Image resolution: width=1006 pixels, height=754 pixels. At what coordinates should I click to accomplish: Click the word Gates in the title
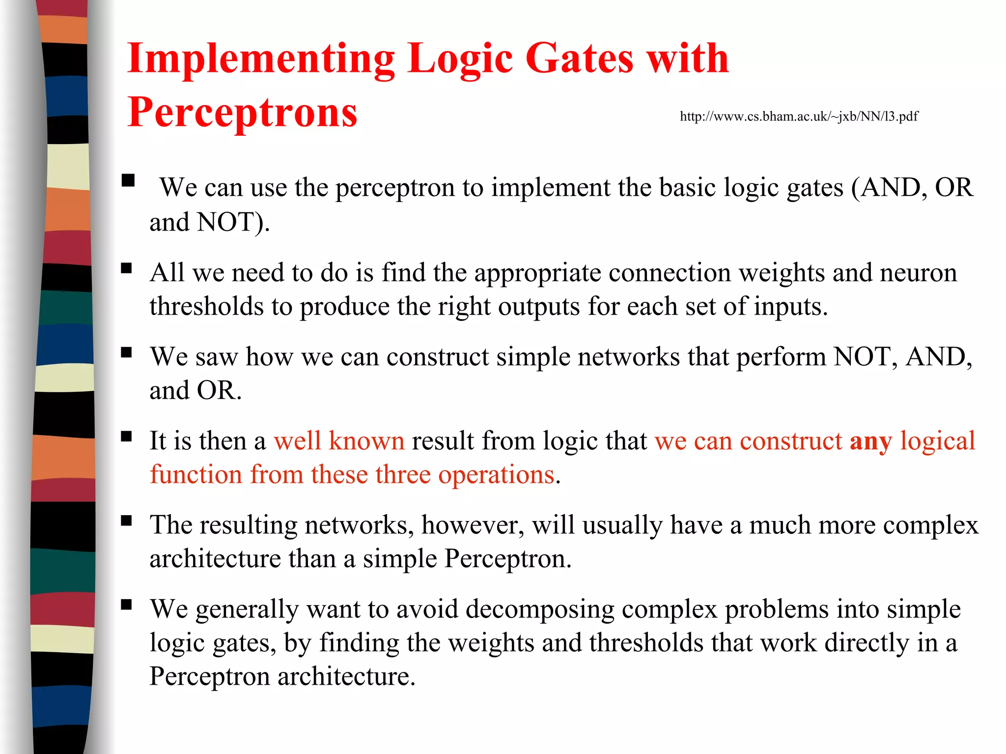[x=579, y=59]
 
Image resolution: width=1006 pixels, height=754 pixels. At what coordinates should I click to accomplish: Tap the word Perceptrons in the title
[x=242, y=113]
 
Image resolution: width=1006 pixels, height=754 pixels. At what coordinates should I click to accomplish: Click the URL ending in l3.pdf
[x=799, y=116]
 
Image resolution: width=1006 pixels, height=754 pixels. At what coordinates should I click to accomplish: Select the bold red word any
[x=870, y=441]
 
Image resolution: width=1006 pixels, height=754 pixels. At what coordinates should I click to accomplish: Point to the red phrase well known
[x=339, y=441]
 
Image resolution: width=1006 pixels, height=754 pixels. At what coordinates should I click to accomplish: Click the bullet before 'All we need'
[x=127, y=268]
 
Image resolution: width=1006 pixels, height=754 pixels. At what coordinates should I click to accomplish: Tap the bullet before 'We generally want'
[x=127, y=605]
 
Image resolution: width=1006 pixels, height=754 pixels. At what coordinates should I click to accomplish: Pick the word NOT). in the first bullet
[x=233, y=222]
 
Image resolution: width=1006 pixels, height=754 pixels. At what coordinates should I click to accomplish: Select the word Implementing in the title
[x=261, y=59]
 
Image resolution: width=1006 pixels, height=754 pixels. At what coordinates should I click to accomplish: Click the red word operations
[x=496, y=475]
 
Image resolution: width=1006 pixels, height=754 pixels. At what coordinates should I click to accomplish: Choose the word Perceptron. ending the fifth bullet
[x=508, y=559]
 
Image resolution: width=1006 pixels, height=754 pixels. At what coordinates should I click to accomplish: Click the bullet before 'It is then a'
[x=127, y=436]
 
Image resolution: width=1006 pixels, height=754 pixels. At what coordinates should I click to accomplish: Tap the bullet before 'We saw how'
[x=127, y=352]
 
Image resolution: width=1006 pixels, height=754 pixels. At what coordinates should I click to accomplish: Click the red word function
[x=196, y=475]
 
